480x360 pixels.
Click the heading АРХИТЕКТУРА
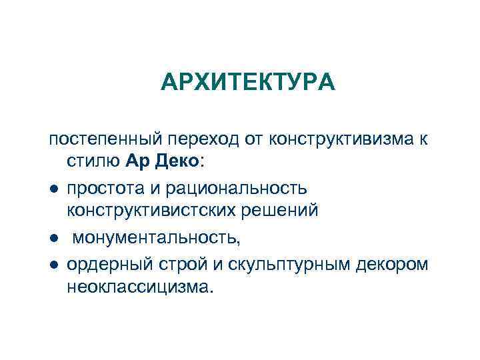(248, 83)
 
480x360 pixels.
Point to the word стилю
(93, 161)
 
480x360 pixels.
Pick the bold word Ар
(135, 161)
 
